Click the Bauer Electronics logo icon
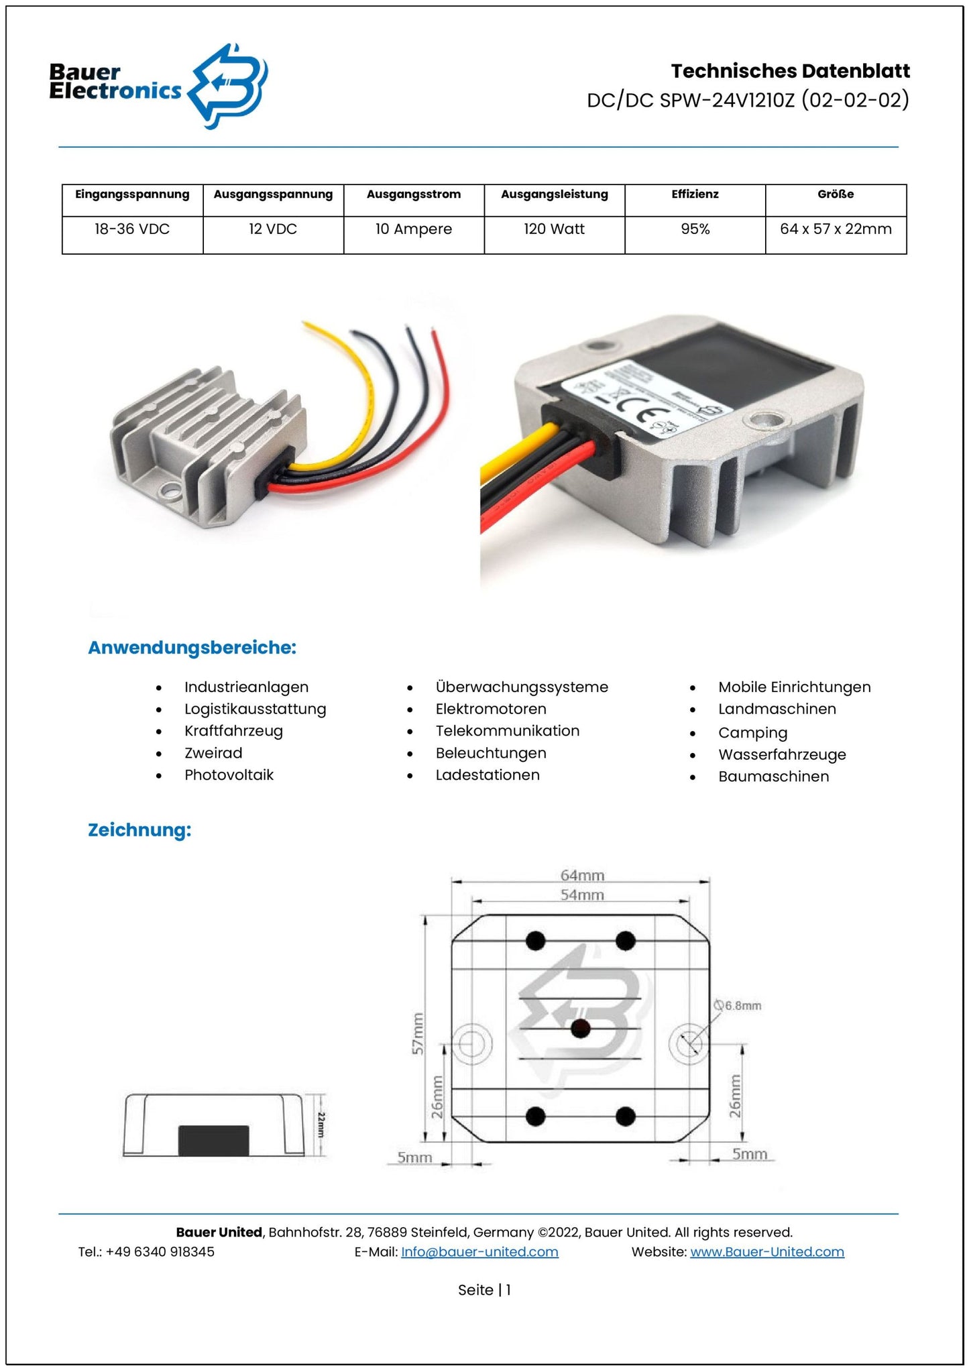[228, 85]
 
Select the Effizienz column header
[695, 194]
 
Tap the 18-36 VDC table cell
[132, 229]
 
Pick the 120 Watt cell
[554, 229]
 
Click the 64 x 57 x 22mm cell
[836, 229]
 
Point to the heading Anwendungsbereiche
[192, 648]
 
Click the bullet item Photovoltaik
[229, 775]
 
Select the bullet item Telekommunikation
[507, 731]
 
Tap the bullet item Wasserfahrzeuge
[782, 755]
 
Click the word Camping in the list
[752, 733]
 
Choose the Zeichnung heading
[139, 830]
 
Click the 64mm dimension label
[582, 875]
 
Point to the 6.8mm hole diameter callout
[740, 1006]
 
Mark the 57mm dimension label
[418, 1033]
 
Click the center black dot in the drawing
[581, 1028]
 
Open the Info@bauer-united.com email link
[479, 1252]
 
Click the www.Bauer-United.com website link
[766, 1252]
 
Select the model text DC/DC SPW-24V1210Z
[691, 101]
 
